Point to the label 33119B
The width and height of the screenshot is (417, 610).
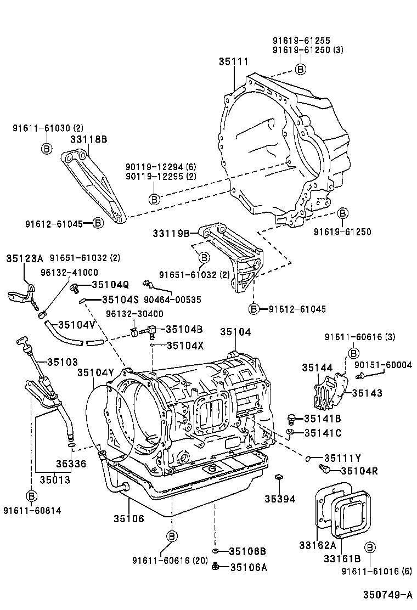point(171,233)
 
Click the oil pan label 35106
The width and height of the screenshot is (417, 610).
point(129,518)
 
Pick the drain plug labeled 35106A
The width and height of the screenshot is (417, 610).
point(217,567)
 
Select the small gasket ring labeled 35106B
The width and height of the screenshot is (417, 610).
point(216,551)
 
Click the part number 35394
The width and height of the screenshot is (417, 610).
point(280,499)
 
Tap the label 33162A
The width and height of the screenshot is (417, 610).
point(317,545)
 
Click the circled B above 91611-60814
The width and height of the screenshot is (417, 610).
point(32,496)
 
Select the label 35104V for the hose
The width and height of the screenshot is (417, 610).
point(77,324)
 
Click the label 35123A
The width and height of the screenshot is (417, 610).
point(25,258)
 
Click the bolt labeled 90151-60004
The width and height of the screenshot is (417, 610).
point(360,376)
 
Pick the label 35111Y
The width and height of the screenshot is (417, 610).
point(342,458)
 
